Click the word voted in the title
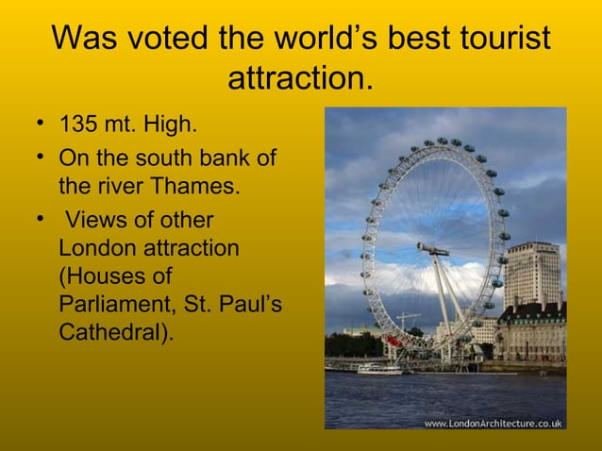click(167, 39)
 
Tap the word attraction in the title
click(296, 78)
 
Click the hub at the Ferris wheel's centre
click(432, 250)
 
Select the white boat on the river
click(380, 369)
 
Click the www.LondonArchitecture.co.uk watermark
click(493, 423)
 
